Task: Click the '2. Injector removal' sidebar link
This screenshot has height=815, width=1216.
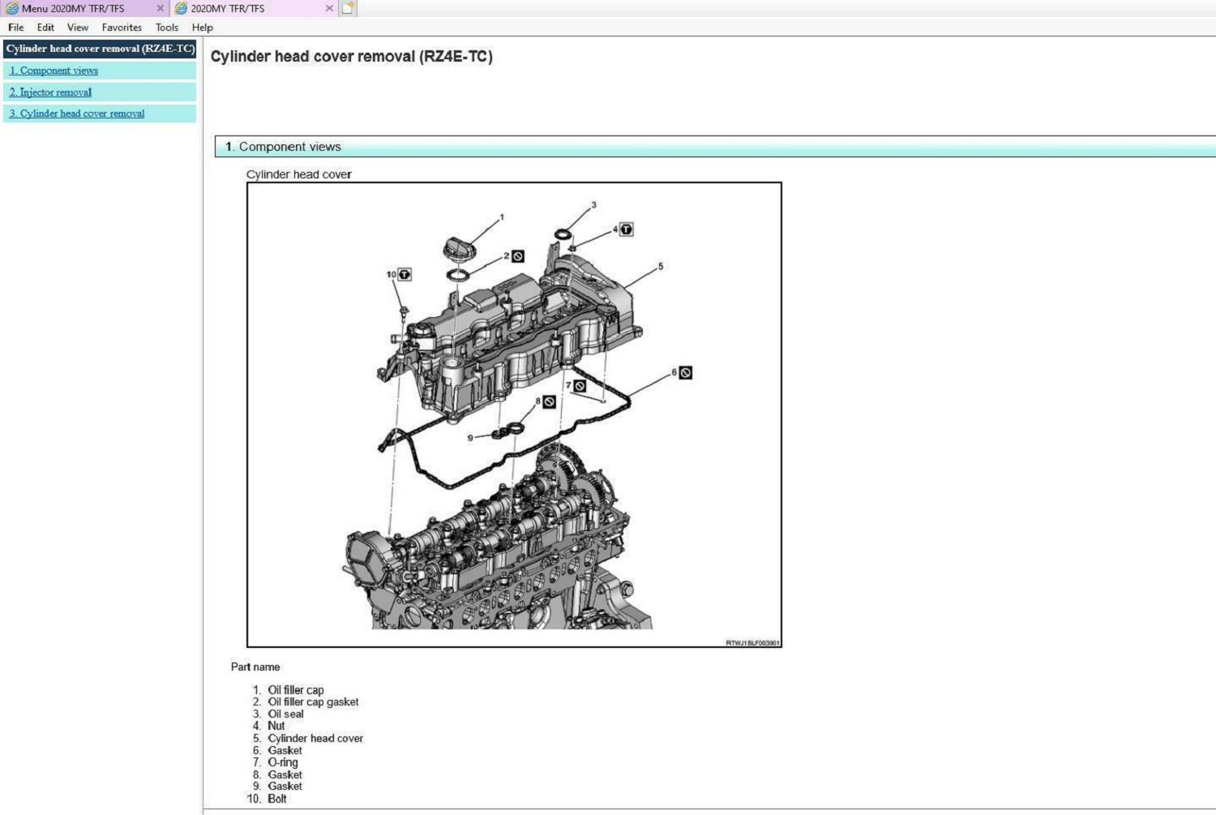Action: coord(50,92)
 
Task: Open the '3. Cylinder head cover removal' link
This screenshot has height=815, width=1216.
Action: coord(77,114)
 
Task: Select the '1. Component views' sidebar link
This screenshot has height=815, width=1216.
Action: coord(54,71)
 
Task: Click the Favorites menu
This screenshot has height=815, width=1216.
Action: coord(122,27)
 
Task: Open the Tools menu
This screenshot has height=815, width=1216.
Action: coord(167,27)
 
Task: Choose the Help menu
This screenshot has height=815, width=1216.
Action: coord(203,27)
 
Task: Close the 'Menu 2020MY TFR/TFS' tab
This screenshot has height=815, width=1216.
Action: coord(161,8)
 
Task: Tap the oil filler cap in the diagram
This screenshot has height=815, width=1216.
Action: coord(460,249)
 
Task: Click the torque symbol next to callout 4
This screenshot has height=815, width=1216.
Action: coord(627,229)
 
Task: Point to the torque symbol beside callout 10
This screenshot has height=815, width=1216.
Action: coord(405,275)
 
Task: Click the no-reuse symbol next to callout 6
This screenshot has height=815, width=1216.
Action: coord(686,373)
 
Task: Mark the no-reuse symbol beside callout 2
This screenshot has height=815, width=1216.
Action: coord(518,256)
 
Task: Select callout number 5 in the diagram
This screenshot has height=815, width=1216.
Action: coord(661,267)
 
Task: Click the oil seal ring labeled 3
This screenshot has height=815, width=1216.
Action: coord(563,234)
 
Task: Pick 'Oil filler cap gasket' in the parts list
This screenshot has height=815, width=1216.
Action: coord(313,702)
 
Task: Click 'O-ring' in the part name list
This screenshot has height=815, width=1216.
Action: coord(283,762)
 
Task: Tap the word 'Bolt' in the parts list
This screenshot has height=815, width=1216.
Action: coord(277,799)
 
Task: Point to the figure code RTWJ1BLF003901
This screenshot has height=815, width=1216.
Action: coord(752,643)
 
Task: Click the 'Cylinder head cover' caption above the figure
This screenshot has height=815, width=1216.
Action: coord(298,174)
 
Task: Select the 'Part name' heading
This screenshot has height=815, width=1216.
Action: coord(255,667)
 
